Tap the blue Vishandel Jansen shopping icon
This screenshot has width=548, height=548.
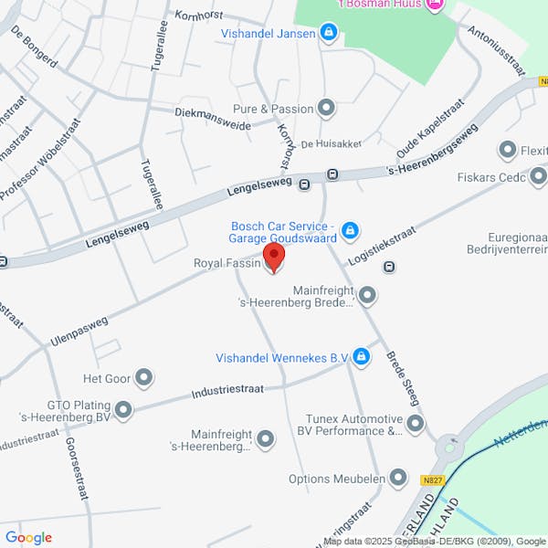click(329, 35)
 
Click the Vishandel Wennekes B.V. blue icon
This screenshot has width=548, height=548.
click(362, 357)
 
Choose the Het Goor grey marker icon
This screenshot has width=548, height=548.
click(143, 377)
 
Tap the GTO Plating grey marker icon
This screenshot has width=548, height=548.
click(122, 410)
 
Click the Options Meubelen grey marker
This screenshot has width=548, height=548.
click(397, 478)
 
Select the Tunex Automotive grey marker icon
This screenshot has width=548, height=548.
click(416, 423)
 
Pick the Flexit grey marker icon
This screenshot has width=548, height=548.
click(507, 150)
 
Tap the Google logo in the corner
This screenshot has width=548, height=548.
click(28, 538)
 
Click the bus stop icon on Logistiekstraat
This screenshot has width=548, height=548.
click(390, 267)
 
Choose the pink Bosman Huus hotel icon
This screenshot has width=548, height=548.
click(434, 5)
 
